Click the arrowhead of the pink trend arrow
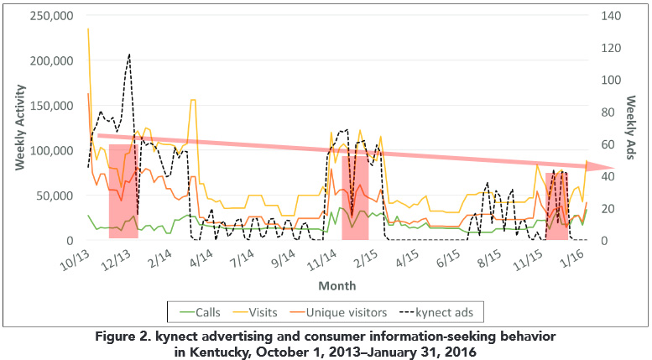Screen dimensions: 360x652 pyautogui.click(x=606, y=169)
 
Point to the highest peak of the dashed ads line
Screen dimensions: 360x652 pyautogui.click(x=129, y=55)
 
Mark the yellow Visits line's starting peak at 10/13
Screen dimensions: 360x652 pyautogui.click(x=88, y=29)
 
